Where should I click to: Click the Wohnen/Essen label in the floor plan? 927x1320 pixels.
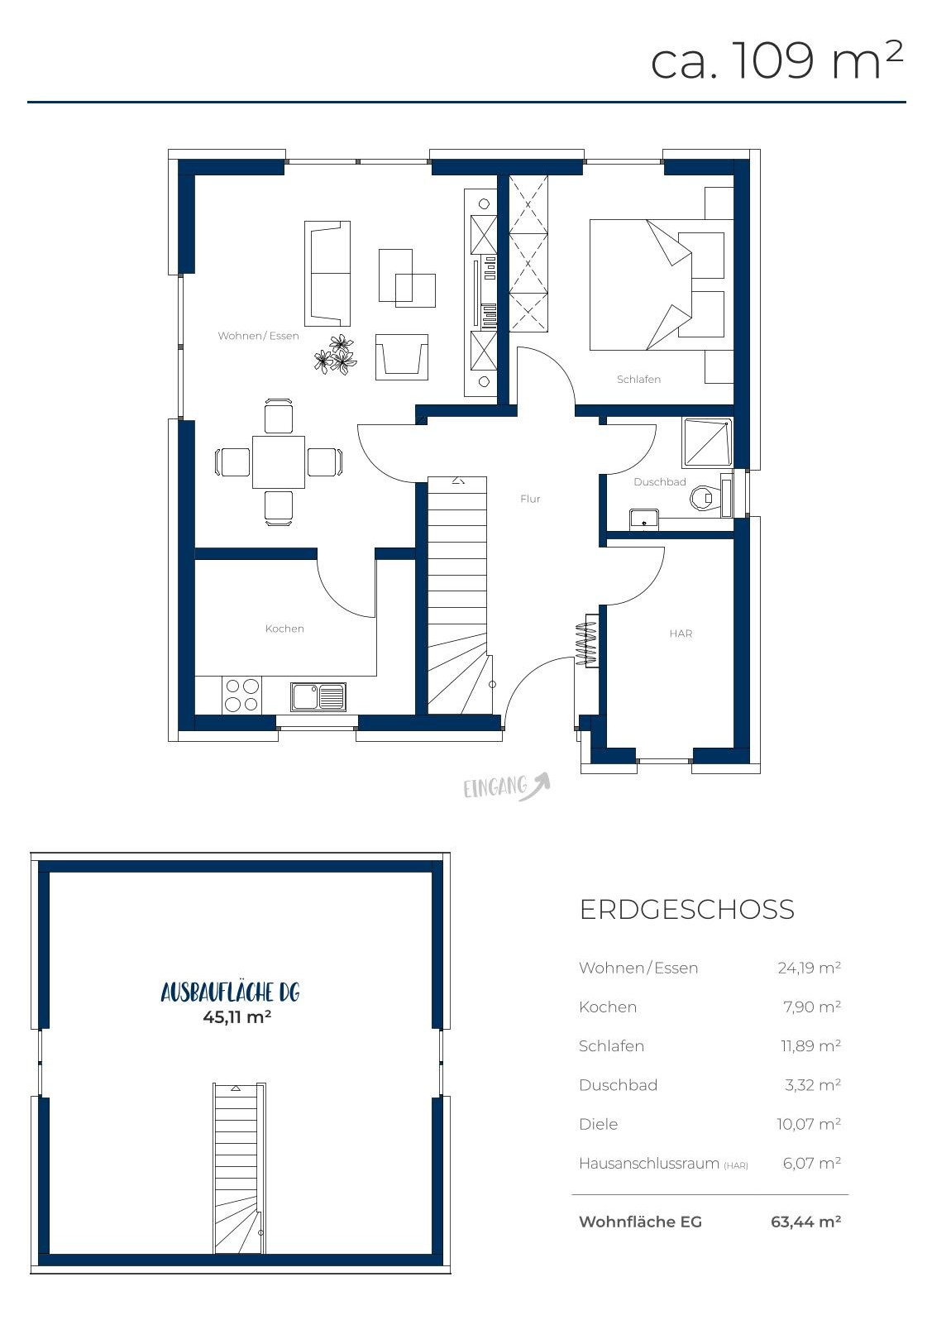(258, 336)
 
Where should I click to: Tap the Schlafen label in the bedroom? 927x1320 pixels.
(639, 380)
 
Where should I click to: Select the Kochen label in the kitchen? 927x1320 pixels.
(284, 629)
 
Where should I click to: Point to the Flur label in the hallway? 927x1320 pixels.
(530, 499)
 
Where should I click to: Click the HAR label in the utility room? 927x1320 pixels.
(681, 634)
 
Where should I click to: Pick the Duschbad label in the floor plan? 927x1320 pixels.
(659, 482)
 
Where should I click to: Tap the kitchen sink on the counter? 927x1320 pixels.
(318, 696)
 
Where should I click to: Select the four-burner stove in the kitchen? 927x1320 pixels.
(241, 695)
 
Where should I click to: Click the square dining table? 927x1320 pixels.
(279, 462)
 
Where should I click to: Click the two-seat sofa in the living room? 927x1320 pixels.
(327, 274)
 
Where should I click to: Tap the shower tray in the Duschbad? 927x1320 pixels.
(706, 442)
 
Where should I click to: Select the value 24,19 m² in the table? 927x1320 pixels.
(809, 968)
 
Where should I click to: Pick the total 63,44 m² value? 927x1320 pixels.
(805, 1222)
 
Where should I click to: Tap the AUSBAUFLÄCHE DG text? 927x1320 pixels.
(231, 992)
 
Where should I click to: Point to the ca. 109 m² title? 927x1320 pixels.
(776, 60)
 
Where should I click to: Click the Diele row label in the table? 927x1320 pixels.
(598, 1124)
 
